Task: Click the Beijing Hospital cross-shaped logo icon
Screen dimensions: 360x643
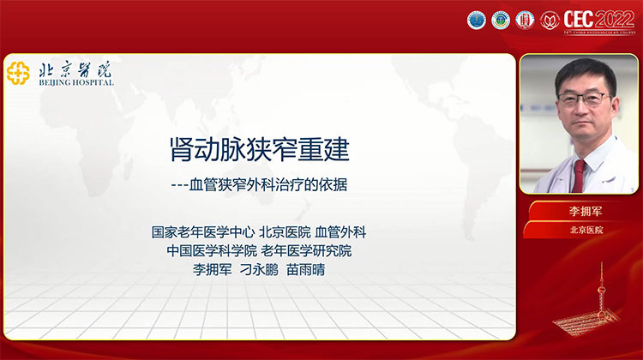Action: pos(18,73)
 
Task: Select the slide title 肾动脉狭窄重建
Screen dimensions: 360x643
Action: pos(259,152)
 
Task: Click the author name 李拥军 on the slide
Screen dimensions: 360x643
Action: pos(213,269)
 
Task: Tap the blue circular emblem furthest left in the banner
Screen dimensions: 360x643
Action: pos(476,20)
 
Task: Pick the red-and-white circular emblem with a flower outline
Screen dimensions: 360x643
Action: pos(550,20)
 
